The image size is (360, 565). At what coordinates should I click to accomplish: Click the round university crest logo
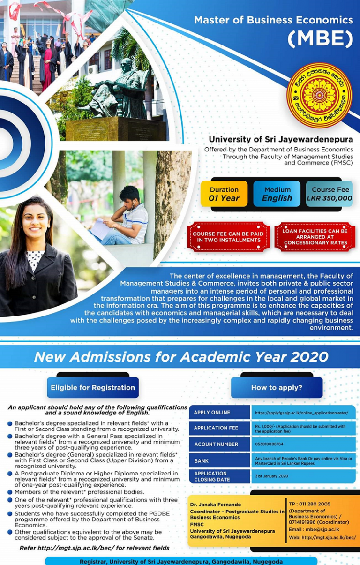tap(319, 95)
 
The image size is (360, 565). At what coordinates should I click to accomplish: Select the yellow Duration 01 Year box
tap(224, 194)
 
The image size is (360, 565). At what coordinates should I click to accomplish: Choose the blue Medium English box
tap(277, 194)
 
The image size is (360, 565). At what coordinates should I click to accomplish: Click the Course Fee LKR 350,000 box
tap(330, 194)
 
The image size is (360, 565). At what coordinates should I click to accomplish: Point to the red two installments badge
tap(228, 237)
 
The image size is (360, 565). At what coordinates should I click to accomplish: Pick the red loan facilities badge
tap(315, 237)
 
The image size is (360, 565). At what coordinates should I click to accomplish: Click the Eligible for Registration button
tap(93, 388)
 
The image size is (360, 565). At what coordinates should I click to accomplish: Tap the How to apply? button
tap(277, 388)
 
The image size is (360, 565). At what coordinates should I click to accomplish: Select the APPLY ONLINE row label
tap(212, 413)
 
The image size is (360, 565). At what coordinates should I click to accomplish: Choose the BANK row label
tap(202, 461)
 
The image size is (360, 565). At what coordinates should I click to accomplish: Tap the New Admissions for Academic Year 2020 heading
tap(181, 357)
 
